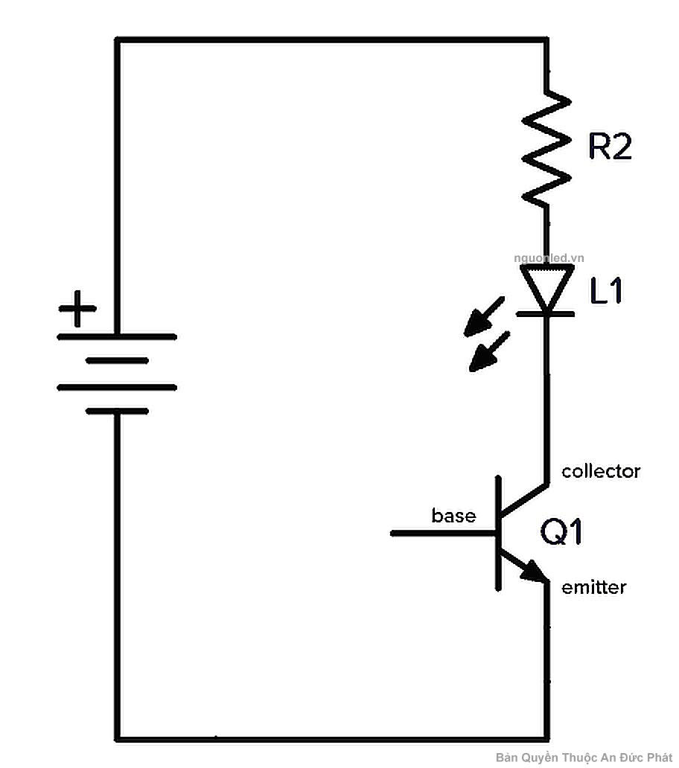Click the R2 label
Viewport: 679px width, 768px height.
610,147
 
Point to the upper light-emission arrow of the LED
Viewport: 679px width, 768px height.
483,316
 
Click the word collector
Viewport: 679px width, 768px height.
601,471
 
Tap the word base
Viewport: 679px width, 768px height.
453,515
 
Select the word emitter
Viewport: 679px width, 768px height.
593,587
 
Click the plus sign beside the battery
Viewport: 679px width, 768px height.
77,308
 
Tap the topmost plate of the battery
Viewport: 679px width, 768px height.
117,336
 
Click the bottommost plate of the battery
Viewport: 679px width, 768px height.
117,410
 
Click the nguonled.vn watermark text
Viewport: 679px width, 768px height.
549,257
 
